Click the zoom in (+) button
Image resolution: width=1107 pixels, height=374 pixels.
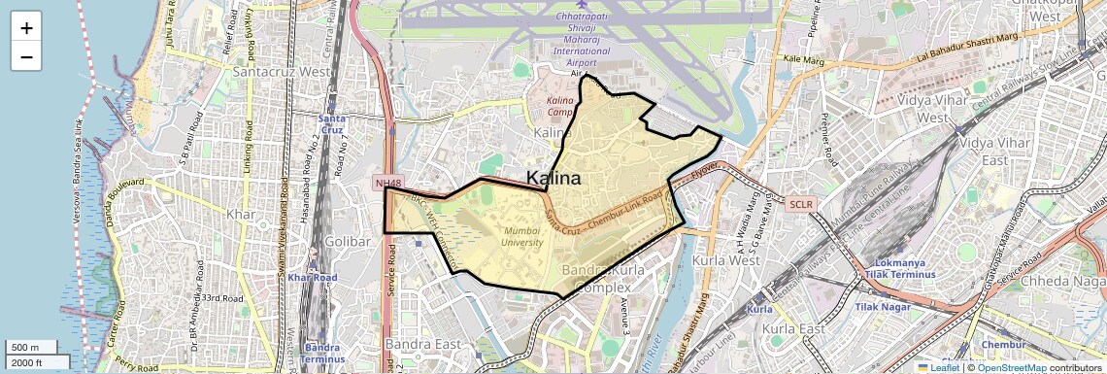[26, 28]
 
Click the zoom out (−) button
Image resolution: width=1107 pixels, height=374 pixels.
[26, 56]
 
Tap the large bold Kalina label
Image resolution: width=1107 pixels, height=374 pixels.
[553, 179]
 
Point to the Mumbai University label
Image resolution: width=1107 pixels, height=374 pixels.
[521, 236]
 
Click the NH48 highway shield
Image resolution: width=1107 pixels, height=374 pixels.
[386, 183]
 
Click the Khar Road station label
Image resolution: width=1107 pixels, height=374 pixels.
[312, 278]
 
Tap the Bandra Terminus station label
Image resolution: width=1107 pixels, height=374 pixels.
[322, 353]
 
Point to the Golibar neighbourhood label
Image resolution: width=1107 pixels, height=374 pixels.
[349, 241]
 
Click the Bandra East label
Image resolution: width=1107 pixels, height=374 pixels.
[421, 344]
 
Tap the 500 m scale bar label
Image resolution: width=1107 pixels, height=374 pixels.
[26, 348]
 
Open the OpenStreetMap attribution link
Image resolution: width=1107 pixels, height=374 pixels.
[1011, 367]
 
